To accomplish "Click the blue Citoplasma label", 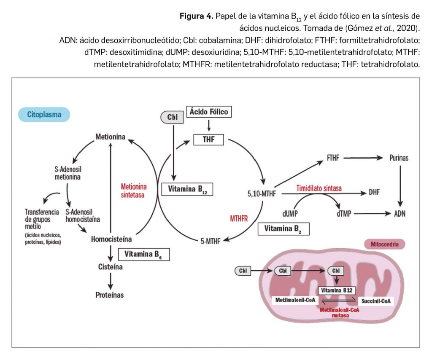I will pos(44,114).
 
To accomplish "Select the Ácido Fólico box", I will pos(208,112).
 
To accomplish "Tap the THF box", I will pos(208,139).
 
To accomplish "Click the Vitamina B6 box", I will pos(144,254).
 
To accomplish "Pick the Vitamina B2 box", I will pos(283,229).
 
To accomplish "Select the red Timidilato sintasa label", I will pos(319,188).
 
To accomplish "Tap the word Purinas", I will pos(398,158).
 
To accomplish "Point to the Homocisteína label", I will pos(111,239).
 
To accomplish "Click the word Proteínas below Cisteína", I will pos(109,295).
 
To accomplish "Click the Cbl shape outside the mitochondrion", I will pos(243,271).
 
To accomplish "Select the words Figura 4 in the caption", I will pos(195,16).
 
